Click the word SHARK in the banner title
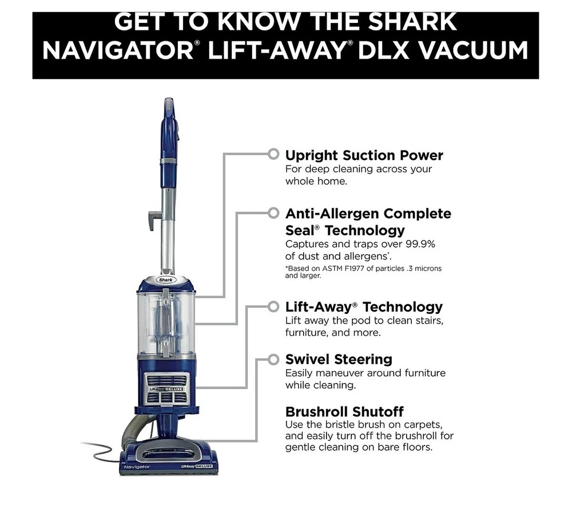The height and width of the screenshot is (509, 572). point(412,22)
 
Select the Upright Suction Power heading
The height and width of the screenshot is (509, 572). point(364,156)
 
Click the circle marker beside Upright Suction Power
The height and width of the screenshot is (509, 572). point(273,153)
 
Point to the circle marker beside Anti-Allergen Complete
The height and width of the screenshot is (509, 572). point(273,212)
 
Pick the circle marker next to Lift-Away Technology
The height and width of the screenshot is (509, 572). point(273,306)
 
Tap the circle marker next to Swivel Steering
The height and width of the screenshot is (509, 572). point(273,360)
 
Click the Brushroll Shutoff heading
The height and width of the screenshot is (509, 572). point(344,412)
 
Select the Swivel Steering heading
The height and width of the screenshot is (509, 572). point(339,360)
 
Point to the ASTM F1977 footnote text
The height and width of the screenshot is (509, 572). point(363,272)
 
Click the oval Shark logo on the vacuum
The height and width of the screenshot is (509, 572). point(166,280)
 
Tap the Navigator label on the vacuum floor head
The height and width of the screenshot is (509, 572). point(137,467)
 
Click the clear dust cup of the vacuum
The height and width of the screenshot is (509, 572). point(166,323)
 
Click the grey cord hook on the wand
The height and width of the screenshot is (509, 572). point(154,218)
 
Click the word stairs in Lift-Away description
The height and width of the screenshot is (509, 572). point(429,321)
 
